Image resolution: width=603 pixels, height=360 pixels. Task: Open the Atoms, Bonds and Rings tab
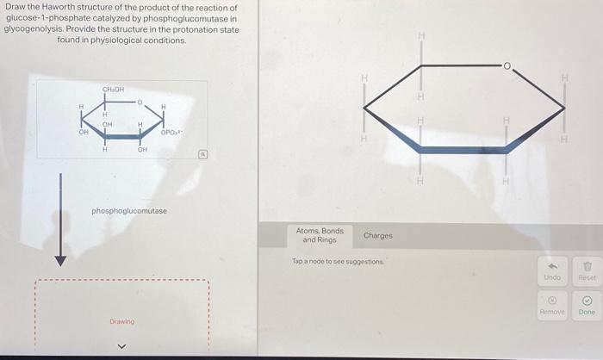pyautogui.click(x=320, y=235)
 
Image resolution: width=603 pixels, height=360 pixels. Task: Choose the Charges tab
pyautogui.click(x=378, y=235)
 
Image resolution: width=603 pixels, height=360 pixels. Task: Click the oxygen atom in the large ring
pyautogui.click(x=508, y=65)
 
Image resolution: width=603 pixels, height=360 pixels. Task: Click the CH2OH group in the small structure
pyautogui.click(x=114, y=90)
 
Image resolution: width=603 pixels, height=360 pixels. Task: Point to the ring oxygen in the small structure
pyautogui.click(x=140, y=102)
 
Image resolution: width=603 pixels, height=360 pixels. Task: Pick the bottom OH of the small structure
pyautogui.click(x=142, y=150)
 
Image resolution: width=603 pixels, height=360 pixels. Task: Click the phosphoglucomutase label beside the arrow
pyautogui.click(x=129, y=211)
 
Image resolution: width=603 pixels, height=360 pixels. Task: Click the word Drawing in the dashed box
pyautogui.click(x=121, y=321)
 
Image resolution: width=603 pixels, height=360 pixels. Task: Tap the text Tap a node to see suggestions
pyautogui.click(x=338, y=261)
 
